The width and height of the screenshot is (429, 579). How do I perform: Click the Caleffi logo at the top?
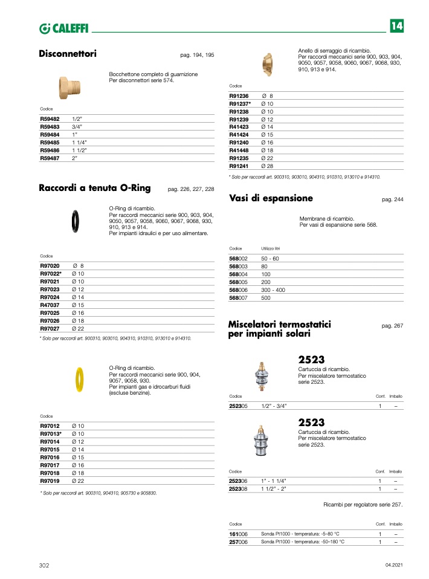[63, 28]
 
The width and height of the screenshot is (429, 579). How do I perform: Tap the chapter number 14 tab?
[396, 26]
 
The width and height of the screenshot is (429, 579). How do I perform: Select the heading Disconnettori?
[68, 54]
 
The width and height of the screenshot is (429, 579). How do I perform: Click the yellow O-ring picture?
[79, 380]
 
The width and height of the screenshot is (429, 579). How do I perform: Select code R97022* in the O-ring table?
[51, 274]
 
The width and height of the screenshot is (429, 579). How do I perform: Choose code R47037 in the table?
[50, 305]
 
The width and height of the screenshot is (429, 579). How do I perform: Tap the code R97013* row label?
[51, 434]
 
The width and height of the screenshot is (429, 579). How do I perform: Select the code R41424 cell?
[239, 135]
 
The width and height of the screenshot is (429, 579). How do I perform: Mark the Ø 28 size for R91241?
[267, 166]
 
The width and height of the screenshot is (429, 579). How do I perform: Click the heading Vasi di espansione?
[271, 198]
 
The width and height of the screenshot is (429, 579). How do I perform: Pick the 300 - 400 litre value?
[273, 290]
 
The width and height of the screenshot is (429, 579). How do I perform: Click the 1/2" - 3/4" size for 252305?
[274, 406]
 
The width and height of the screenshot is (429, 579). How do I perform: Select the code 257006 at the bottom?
[239, 542]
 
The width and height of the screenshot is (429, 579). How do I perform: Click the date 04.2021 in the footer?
[393, 565]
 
